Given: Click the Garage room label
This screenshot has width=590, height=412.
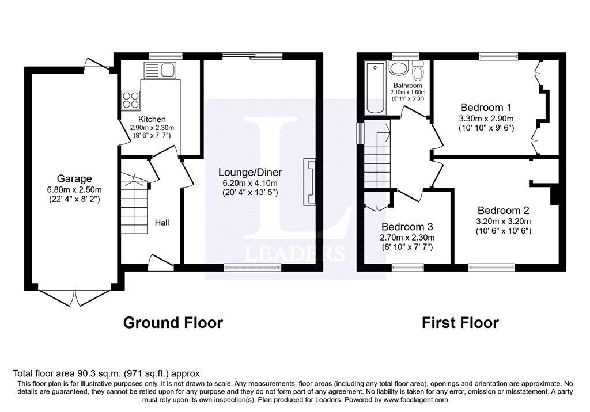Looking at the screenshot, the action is point(74,178).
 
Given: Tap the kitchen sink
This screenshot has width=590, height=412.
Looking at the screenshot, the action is point(160,70).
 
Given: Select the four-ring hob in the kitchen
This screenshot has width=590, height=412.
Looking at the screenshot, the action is point(131,100).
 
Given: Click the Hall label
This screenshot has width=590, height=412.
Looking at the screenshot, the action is point(162,223).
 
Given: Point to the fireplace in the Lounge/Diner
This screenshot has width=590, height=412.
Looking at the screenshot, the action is point(309,182).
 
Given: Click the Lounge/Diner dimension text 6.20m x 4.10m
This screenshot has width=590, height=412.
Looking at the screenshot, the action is point(250,184).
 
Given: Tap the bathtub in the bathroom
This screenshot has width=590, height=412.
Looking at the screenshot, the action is point(376,88).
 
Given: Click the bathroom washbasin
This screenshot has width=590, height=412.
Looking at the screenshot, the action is point(398,69).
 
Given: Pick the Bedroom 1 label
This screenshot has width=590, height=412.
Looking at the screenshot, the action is point(486,108).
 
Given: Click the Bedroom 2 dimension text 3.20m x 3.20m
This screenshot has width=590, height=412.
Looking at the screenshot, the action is point(504,221).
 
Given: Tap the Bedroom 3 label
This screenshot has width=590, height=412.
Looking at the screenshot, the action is point(407,227).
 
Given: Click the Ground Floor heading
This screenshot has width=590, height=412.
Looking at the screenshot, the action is point(173,323).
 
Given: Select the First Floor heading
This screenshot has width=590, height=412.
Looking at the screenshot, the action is point(460,323).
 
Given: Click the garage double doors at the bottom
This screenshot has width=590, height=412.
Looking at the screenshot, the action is point(74,298).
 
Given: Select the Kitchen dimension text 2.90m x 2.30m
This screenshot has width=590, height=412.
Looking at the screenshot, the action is point(152,128).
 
